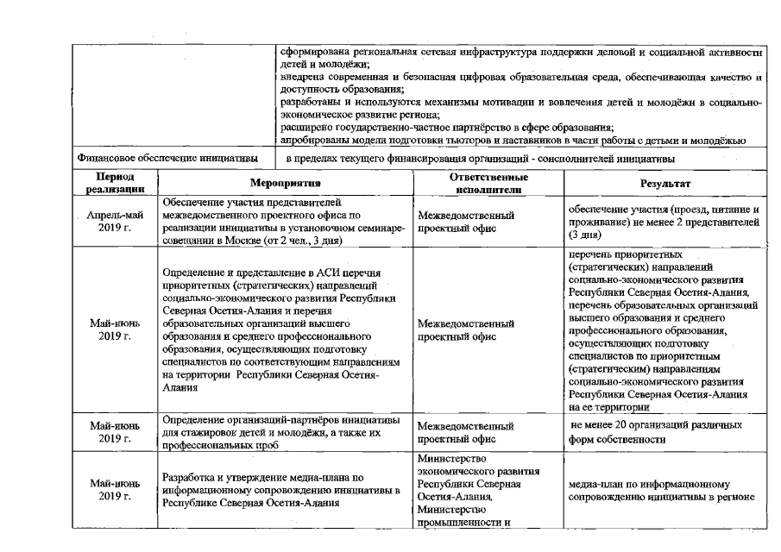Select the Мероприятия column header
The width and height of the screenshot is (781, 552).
pyautogui.click(x=285, y=183)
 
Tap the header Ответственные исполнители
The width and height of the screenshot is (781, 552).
pyautogui.click(x=488, y=182)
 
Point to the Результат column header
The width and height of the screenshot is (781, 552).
pyautogui.click(x=664, y=183)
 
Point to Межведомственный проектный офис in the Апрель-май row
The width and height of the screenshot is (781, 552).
pyautogui.click(x=465, y=222)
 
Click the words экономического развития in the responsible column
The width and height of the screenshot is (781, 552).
pyautogui.click(x=478, y=471)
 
